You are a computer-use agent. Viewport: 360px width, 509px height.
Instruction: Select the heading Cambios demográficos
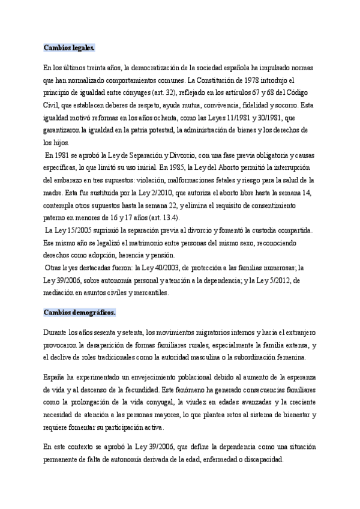pos(80,313)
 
